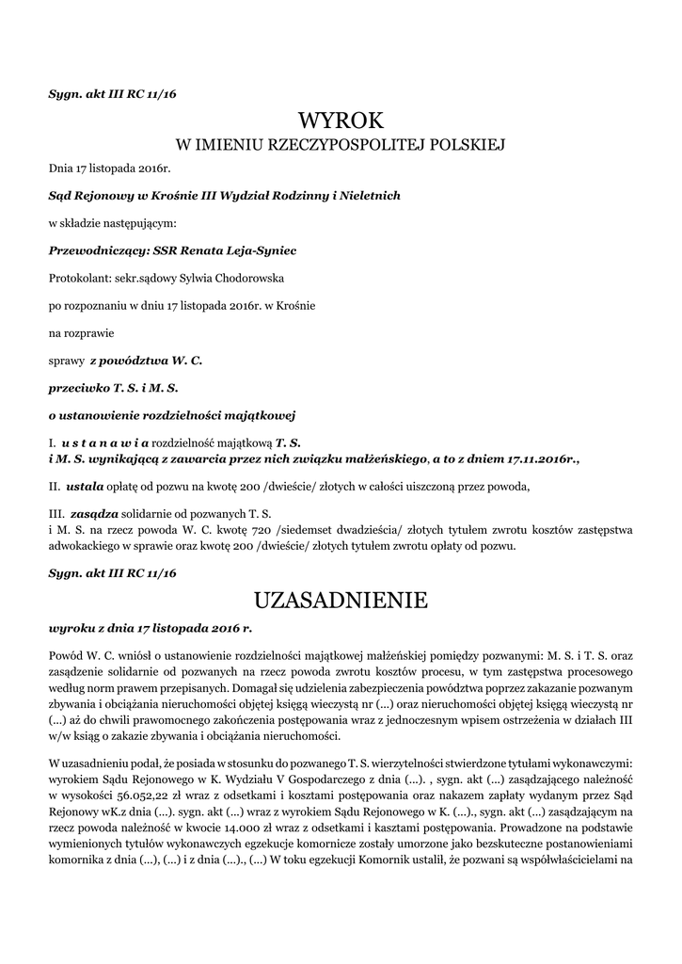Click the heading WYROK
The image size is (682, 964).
[x=341, y=120]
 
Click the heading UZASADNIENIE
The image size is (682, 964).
[x=341, y=600]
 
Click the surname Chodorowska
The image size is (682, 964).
[x=235, y=279]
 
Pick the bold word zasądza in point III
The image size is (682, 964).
[x=94, y=515]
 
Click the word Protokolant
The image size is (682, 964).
[x=78, y=279]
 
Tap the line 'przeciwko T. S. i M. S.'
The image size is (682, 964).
[x=113, y=387]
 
